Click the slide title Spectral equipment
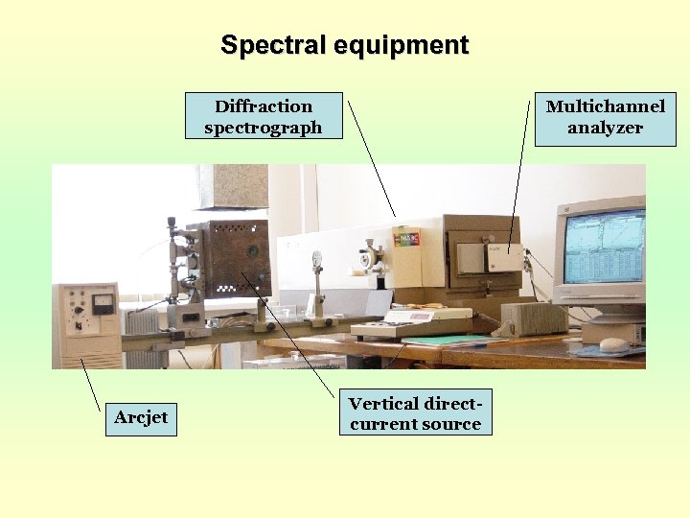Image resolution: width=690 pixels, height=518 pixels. (344, 45)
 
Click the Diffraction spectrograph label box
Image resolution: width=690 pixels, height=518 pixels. (264, 117)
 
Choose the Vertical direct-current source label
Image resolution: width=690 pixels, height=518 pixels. (415, 413)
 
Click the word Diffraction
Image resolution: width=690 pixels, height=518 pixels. (264, 106)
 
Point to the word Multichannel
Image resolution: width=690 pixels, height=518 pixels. (605, 106)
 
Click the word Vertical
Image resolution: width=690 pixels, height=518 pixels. (383, 404)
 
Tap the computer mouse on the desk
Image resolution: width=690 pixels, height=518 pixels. (613, 343)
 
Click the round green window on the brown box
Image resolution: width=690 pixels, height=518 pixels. (253, 251)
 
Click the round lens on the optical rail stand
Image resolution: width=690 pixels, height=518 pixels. (316, 259)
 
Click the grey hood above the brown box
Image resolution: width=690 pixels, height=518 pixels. (233, 188)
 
